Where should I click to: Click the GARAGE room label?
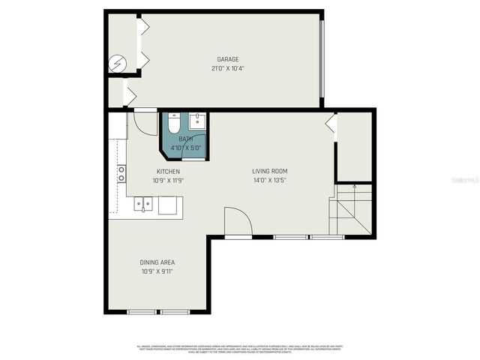(x=228, y=59)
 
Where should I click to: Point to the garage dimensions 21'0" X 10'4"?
(x=228, y=68)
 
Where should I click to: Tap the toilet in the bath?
(x=173, y=124)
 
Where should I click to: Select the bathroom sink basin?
(x=198, y=122)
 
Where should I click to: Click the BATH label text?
(x=185, y=139)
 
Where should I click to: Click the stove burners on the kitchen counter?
(x=121, y=174)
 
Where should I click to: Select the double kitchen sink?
(x=143, y=203)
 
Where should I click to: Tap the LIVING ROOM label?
(x=270, y=172)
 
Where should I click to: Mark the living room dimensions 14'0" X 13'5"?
(x=270, y=181)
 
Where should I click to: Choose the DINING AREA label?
(x=157, y=262)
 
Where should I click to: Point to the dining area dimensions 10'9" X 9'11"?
(x=157, y=271)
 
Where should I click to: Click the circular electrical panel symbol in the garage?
(x=118, y=64)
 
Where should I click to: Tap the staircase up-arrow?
(x=354, y=190)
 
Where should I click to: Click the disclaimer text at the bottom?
(x=240, y=349)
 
